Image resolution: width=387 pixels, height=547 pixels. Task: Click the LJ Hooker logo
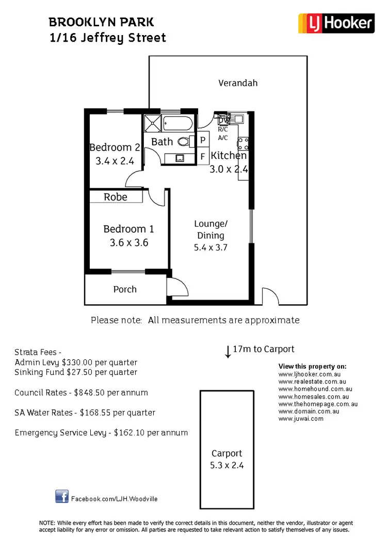[336, 23]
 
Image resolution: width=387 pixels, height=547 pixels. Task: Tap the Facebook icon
[62, 496]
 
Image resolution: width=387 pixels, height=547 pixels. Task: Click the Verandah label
[237, 83]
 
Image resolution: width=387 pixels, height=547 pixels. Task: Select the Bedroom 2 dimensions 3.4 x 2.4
[115, 161]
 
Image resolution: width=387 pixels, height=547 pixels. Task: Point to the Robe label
[116, 197]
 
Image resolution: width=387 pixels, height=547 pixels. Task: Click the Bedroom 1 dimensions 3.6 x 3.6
[129, 242]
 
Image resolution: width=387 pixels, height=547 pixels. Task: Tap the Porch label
[125, 289]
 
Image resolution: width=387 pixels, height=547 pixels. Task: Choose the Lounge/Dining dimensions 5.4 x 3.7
[211, 247]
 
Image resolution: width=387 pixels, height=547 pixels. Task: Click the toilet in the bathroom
[183, 141]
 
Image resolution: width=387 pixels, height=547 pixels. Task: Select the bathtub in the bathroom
[178, 124]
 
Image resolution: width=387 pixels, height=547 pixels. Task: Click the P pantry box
[203, 140]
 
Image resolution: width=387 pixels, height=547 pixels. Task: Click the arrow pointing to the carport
[228, 352]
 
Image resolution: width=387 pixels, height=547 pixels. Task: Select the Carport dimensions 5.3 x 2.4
[227, 465]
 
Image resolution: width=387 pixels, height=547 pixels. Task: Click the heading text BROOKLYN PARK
[101, 22]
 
